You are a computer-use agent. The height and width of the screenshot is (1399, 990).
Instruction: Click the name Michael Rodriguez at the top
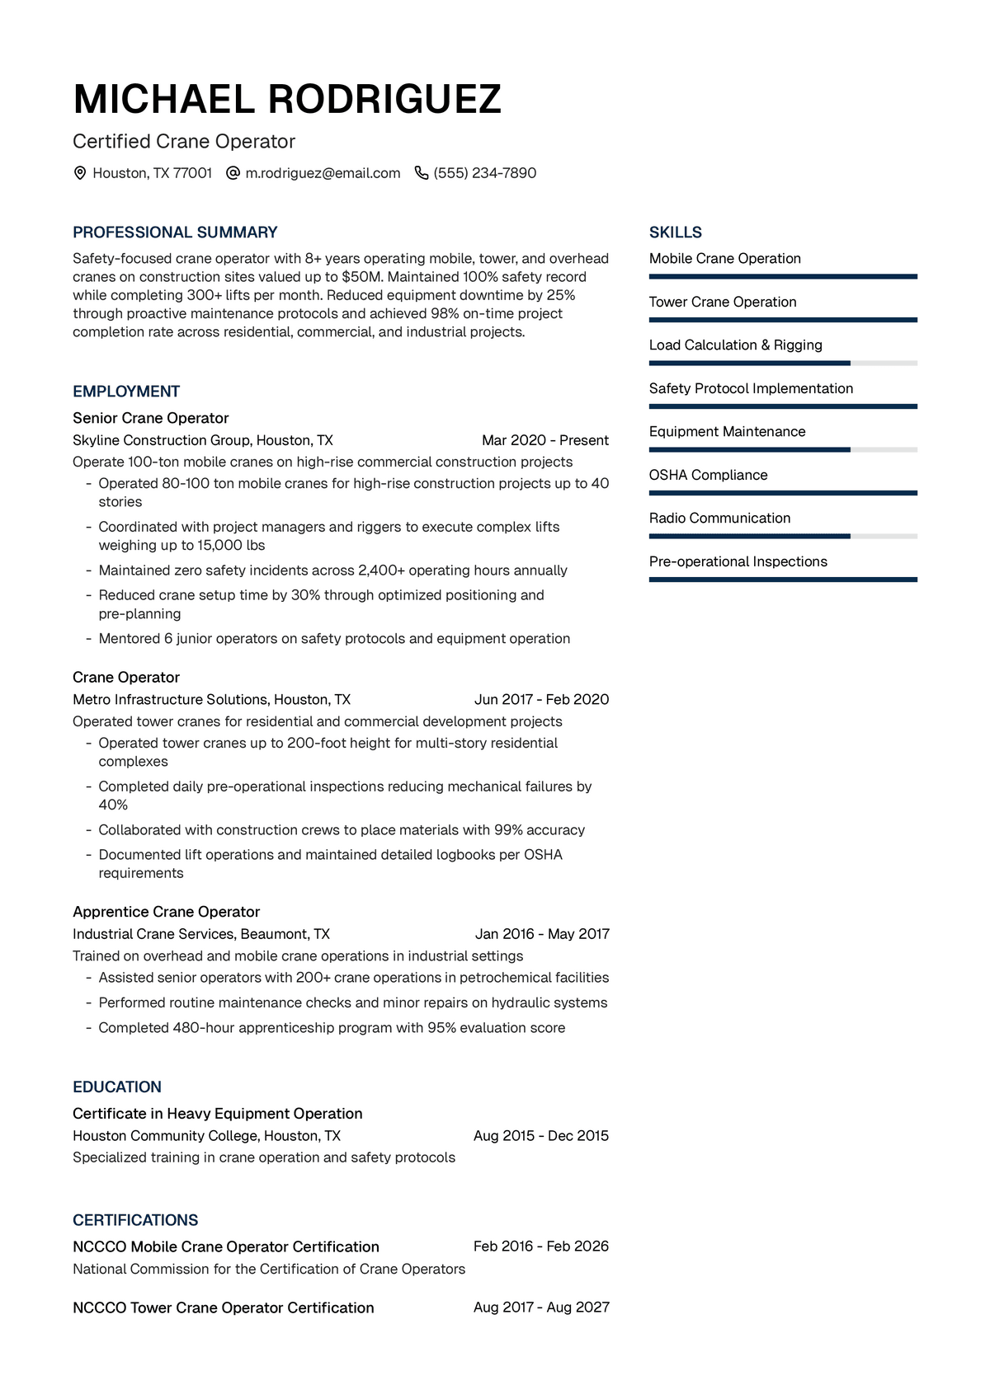pos(287,100)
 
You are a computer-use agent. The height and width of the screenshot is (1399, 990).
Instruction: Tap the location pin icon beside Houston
pos(80,173)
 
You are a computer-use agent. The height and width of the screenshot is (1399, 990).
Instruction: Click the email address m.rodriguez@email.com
pos(323,173)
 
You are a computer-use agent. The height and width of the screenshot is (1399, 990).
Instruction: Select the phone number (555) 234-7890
pos(484,173)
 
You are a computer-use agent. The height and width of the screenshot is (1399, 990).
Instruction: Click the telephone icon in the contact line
pos(421,173)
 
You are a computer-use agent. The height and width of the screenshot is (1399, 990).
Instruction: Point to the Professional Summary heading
pos(175,232)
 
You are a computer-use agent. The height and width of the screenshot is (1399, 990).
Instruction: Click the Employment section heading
pos(126,392)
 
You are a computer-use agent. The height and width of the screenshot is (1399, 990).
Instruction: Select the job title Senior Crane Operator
pos(150,418)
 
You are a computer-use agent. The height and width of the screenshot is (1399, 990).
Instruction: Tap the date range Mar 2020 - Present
pos(544,440)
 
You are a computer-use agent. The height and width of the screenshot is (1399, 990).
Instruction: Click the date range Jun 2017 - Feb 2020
pos(541,699)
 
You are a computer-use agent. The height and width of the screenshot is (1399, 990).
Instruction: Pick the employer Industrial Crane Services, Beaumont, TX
pos(201,934)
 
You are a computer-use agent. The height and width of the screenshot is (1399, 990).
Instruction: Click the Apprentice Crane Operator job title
pos(166,912)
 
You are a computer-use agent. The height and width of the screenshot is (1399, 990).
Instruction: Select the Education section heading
pos(117,1087)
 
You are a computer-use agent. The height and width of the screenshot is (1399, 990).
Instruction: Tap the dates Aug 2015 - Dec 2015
pos(540,1135)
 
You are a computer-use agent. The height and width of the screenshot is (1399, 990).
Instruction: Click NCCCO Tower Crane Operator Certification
pos(224,1307)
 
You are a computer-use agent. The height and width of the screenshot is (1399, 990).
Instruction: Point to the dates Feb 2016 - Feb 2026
pos(540,1246)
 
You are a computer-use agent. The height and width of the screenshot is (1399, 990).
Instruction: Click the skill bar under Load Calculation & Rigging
pos(782,363)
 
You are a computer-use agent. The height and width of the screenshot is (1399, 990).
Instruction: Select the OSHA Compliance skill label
pos(708,475)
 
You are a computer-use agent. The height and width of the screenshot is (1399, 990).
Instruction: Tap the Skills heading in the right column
pos(675,232)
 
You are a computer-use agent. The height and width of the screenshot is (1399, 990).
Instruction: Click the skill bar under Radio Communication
pos(782,536)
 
